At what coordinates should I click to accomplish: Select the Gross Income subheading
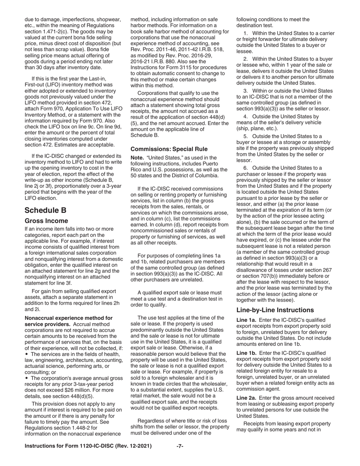46,220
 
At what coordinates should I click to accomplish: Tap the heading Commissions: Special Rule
169,149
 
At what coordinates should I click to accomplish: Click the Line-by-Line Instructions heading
275,310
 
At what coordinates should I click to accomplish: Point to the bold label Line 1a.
246,320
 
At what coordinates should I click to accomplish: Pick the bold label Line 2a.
246,398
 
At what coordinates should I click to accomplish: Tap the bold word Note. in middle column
137,158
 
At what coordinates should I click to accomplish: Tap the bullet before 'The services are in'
27,354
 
